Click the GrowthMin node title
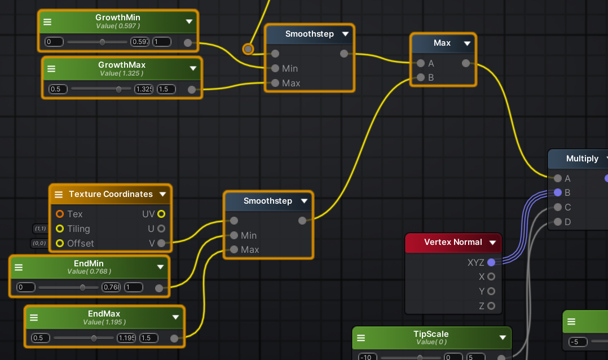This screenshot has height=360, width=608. [x=118, y=17]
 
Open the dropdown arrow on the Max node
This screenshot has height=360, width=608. [x=467, y=43]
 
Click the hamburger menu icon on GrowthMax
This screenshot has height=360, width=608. [x=51, y=68]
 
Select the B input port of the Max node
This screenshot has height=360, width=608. [x=420, y=77]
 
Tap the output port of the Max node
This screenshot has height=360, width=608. [x=465, y=63]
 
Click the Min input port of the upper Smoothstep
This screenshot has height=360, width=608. [x=275, y=68]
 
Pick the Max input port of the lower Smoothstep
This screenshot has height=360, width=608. [x=234, y=249]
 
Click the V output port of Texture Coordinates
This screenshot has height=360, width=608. [x=161, y=243]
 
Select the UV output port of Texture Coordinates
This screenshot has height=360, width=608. [x=161, y=214]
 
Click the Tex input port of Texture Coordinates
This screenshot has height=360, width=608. [x=60, y=214]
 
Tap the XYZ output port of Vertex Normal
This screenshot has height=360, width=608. [x=491, y=262]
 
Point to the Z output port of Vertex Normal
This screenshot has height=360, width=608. [x=491, y=306]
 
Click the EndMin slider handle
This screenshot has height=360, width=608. [x=82, y=287]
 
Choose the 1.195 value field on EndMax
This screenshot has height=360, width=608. [x=126, y=338]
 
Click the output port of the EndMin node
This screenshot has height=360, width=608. [x=159, y=288]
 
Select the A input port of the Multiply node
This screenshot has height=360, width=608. [x=558, y=178]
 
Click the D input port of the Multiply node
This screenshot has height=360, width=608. [x=558, y=222]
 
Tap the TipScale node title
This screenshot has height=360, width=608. [x=431, y=334]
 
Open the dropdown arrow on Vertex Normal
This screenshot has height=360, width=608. [x=492, y=243]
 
